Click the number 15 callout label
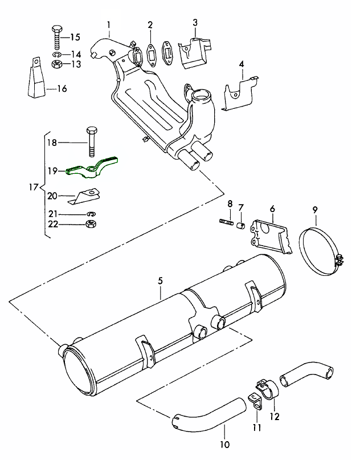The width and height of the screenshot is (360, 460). click(x=76, y=38)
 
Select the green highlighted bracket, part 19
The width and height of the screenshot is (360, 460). click(x=94, y=168)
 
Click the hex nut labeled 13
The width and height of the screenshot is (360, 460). click(x=57, y=64)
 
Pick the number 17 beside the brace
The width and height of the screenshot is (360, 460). click(x=33, y=187)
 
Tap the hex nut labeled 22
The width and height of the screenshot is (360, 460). click(x=89, y=224)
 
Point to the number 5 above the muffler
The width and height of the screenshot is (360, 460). click(x=160, y=281)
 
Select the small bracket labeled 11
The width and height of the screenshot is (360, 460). click(x=255, y=398)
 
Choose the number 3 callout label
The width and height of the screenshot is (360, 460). click(x=195, y=22)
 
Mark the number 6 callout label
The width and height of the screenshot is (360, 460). click(x=272, y=209)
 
